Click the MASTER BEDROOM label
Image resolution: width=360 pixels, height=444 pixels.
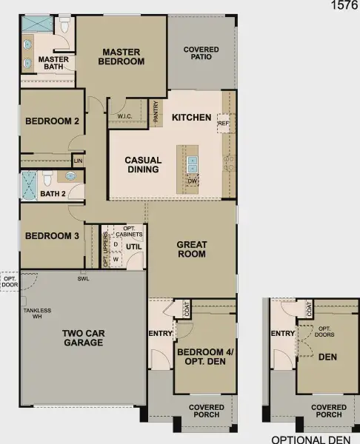pos(122,57)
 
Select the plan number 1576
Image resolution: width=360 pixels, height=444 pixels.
pos(344,6)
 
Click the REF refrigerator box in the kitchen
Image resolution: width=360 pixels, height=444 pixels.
pos(223,124)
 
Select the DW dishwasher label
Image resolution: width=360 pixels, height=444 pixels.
pos(192,180)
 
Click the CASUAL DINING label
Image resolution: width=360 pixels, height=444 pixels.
pos(143,164)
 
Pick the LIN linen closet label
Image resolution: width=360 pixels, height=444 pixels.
pos(78,160)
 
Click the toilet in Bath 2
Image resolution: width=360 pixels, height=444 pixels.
pos(47,178)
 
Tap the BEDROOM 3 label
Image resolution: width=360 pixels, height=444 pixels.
pos(52,237)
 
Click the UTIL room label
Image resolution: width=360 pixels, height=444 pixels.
pos(133,246)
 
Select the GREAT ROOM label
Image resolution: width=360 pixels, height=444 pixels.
pos(192,249)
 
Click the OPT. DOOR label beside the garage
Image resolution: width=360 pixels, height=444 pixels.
pos(10,281)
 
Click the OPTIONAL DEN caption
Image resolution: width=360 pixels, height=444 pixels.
pos(312,438)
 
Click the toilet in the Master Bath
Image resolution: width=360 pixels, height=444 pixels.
pos(65,27)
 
